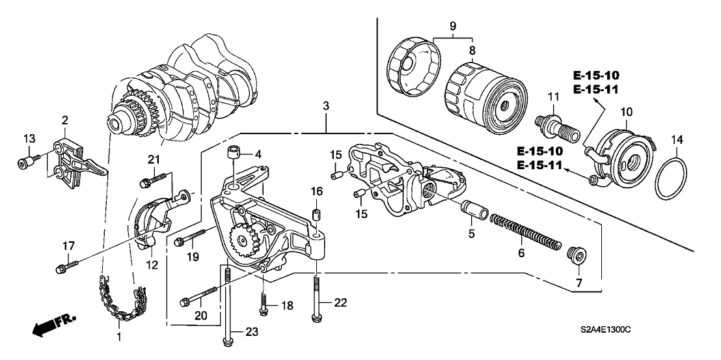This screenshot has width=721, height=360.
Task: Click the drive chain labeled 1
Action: click(119, 301)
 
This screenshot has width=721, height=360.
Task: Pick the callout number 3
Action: click(325, 106)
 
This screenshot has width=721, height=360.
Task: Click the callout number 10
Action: click(626, 112)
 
